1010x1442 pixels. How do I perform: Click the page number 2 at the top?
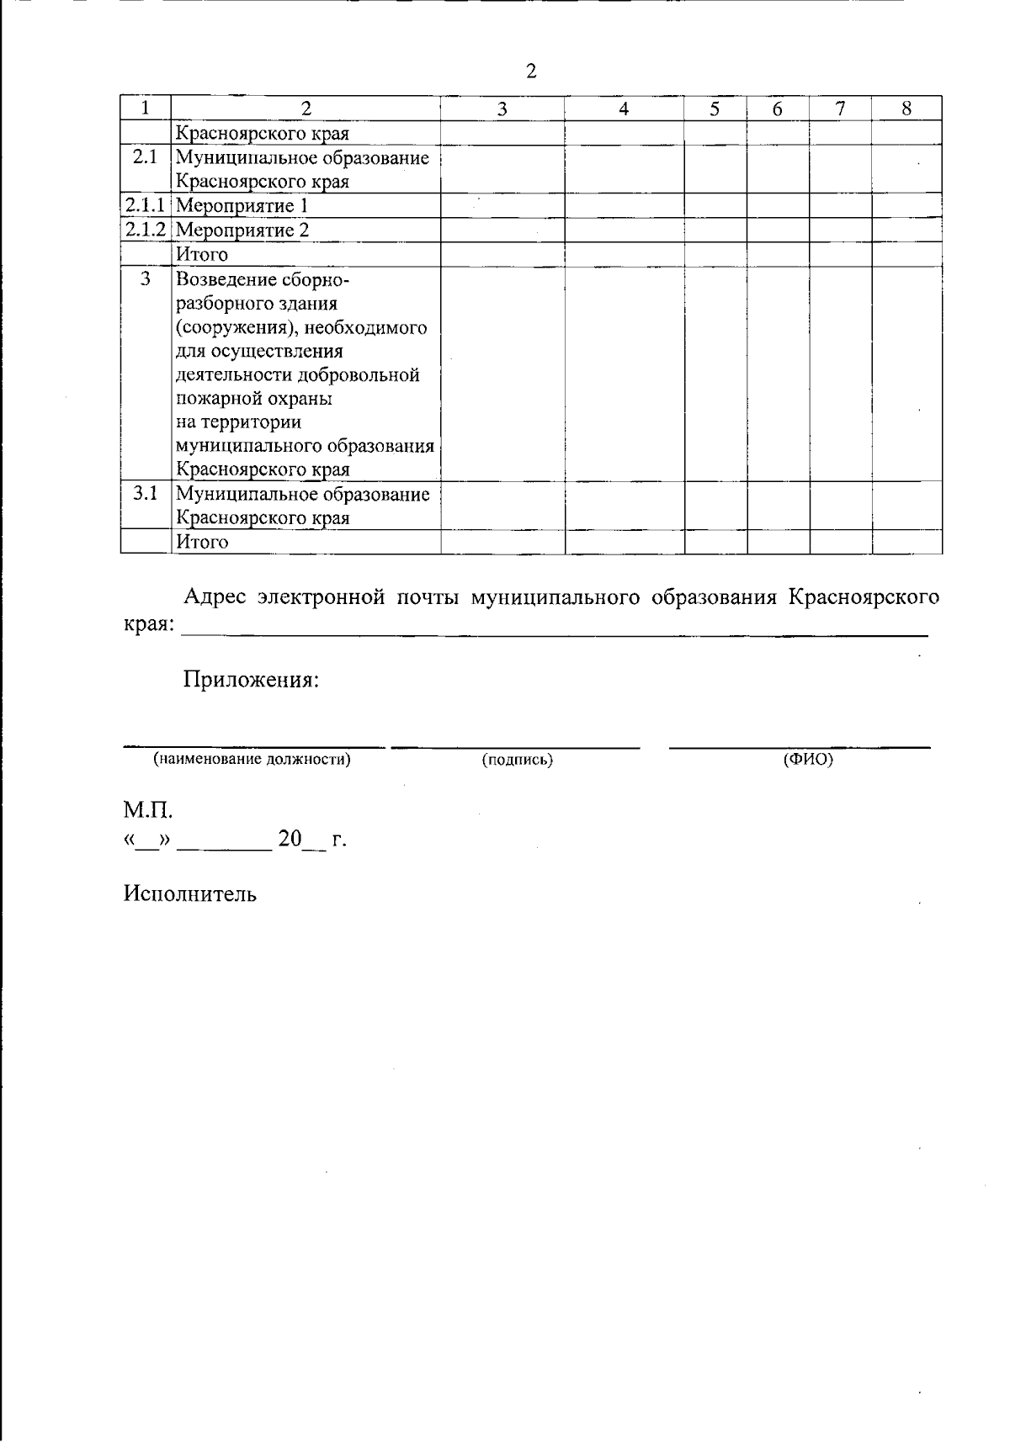pos(531,72)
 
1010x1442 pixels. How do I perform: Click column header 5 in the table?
pos(715,109)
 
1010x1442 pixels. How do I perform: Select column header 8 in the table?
pos(906,109)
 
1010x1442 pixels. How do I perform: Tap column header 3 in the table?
pos(502,109)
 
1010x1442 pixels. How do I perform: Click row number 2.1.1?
pos(146,206)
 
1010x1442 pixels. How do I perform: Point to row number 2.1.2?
pos(146,230)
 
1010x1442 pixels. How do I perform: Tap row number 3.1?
pos(146,494)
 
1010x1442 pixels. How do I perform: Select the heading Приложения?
pos(252,679)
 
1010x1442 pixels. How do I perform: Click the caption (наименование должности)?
pos(252,760)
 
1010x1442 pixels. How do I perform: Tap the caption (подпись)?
pos(517,760)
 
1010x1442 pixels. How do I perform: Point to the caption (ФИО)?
pos(808,760)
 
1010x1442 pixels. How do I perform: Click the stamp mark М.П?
pos(148,811)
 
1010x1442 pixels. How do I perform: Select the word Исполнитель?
pos(190,893)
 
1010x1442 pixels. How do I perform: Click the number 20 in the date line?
pos(290,839)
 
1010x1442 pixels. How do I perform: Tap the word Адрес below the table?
pos(214,597)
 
